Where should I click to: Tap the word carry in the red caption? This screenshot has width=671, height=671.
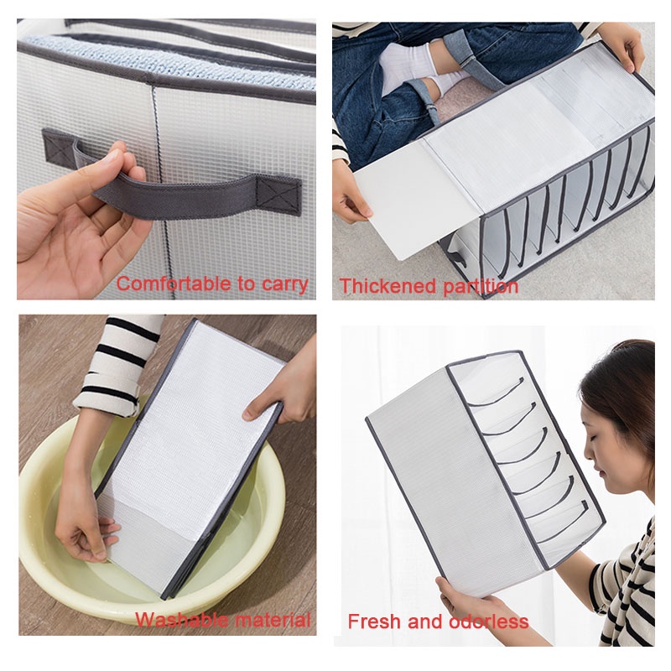(x=283, y=284)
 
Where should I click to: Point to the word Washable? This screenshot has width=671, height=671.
(x=182, y=621)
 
